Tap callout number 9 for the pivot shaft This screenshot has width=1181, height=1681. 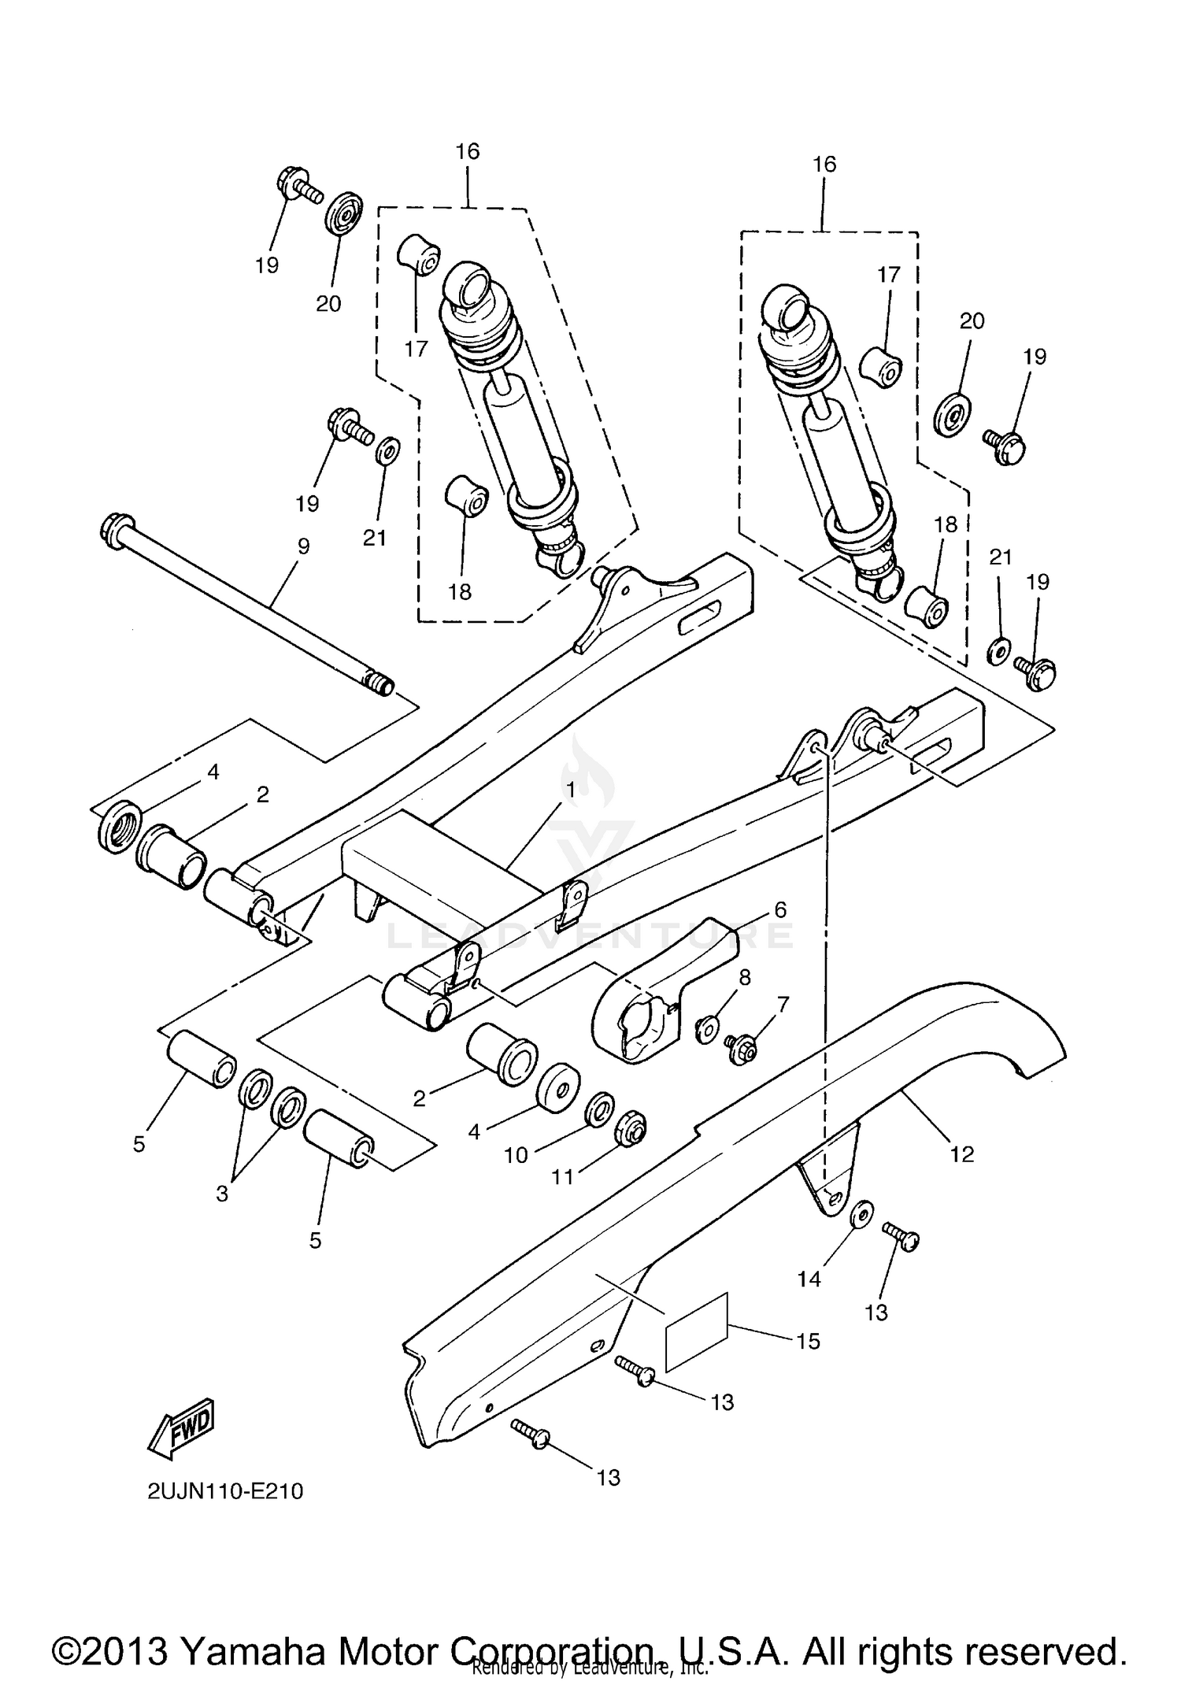click(x=303, y=546)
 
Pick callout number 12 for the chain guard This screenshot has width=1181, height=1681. click(x=962, y=1154)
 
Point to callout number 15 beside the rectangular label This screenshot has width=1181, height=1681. click(x=809, y=1341)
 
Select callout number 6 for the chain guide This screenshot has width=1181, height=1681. click(x=779, y=910)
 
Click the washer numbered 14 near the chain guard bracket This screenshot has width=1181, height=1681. click(x=862, y=1215)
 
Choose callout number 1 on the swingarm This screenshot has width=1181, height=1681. click(x=570, y=788)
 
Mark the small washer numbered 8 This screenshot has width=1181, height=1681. click(x=706, y=1027)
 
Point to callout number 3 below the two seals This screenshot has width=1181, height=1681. click(x=222, y=1194)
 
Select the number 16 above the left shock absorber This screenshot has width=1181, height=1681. click(x=468, y=151)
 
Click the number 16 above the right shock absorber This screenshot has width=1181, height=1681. click(x=824, y=165)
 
